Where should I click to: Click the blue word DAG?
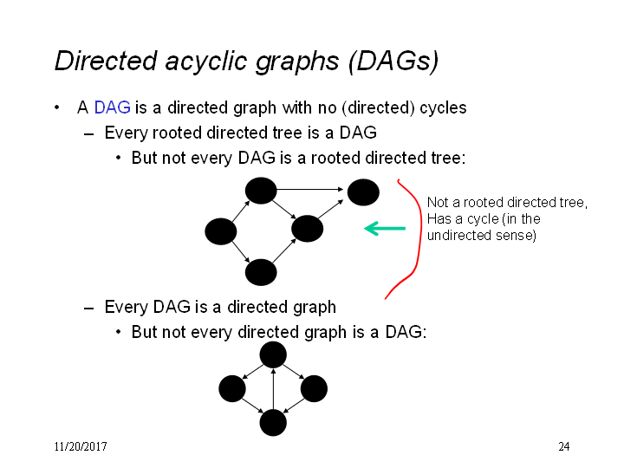point(112,107)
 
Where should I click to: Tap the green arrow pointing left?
point(385,229)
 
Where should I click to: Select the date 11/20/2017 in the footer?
point(81,446)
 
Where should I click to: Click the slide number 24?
point(564,446)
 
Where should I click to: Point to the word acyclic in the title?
point(206,62)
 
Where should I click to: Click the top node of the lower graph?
point(273,354)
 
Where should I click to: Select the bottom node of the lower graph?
point(273,423)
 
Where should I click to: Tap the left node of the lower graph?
point(232,388)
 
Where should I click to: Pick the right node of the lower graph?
point(314,388)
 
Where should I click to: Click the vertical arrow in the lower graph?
point(273,389)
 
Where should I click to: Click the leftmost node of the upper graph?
point(221,231)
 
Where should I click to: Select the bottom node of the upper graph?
point(261,272)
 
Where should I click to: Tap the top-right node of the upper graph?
point(363,192)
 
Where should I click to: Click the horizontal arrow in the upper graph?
point(310,190)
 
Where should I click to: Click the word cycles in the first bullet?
point(444,107)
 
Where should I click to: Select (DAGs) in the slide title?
point(393,62)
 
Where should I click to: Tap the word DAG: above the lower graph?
point(406,332)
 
